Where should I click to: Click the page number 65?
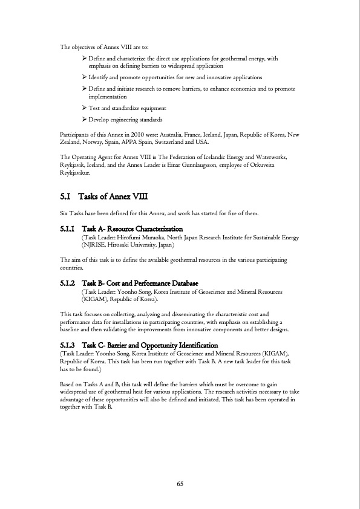pos(180,483)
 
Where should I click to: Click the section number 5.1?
pos(66,197)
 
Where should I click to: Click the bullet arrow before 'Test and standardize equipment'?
pos(84,108)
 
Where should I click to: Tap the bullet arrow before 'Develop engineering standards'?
pos(84,119)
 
